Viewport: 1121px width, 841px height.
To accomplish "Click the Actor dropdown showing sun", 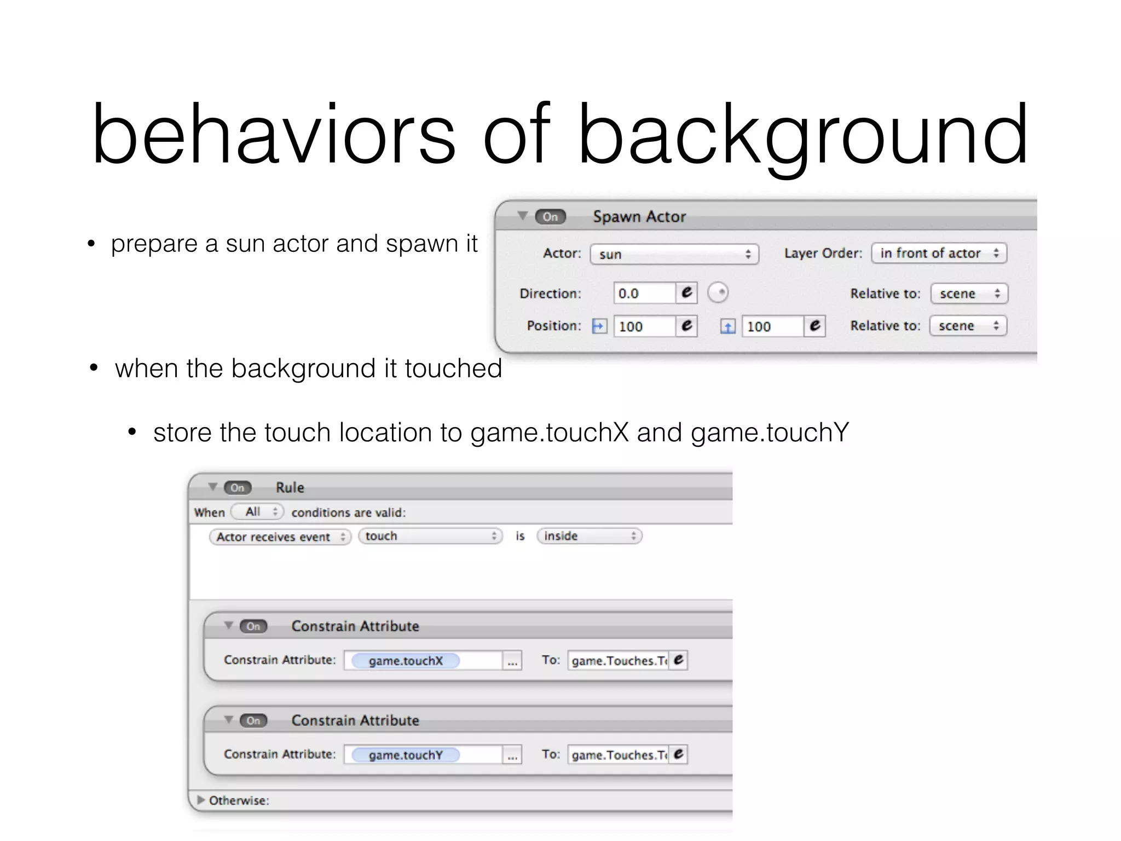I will (674, 254).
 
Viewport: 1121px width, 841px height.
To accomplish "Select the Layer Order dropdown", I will (939, 253).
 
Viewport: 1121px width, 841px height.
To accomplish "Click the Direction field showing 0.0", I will (644, 293).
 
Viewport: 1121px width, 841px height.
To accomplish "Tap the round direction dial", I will (718, 292).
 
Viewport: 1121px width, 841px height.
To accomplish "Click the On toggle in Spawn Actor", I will (550, 217).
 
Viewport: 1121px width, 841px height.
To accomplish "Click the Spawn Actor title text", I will (639, 217).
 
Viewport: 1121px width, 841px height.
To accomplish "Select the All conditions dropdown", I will (257, 512).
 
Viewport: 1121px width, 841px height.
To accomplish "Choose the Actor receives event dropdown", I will (280, 537).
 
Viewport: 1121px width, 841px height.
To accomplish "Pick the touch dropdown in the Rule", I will (430, 536).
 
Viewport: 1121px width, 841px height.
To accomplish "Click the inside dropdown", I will (589, 536).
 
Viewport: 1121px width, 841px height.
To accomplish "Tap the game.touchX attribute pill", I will (406, 661).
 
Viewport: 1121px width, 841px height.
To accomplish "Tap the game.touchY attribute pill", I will (406, 755).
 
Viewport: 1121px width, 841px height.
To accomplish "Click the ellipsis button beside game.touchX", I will (512, 661).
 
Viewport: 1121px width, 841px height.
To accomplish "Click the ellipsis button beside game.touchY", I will (512, 755).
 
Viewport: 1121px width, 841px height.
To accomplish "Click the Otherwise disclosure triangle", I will (201, 800).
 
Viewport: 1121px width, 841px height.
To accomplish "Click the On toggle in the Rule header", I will (238, 488).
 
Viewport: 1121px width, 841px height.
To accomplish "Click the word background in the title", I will (802, 136).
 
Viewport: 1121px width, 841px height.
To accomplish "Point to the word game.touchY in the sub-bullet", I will (770, 433).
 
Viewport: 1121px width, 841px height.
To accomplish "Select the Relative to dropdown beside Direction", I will (969, 293).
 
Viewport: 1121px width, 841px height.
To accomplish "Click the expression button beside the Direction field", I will (686, 293).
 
